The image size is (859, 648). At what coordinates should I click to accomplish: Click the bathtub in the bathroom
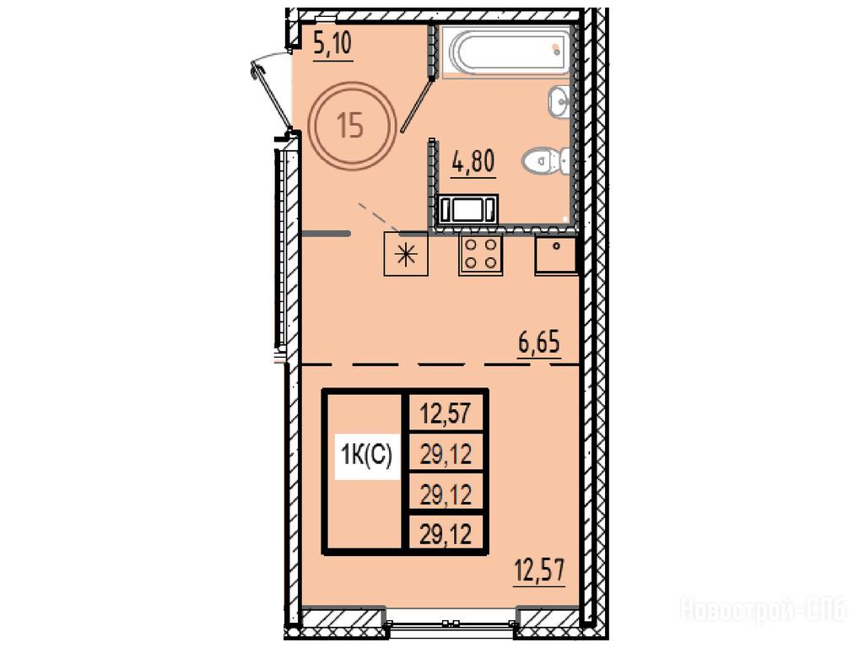point(507,51)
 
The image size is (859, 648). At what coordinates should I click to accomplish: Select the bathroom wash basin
point(559,101)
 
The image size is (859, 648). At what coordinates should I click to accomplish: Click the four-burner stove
point(480,253)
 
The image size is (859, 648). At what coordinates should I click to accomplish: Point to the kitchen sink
point(556,254)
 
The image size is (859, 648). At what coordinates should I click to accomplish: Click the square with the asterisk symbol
point(406,254)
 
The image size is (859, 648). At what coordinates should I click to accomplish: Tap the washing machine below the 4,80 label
point(467,208)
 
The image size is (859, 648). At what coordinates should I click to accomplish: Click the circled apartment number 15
point(351,126)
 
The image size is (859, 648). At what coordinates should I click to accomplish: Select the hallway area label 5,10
point(332,44)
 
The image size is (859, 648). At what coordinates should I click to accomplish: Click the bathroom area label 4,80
point(473,162)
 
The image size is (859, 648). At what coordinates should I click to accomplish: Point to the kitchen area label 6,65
point(539,343)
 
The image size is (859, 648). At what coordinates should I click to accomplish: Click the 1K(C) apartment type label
point(366,455)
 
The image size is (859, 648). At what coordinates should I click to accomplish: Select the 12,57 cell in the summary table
point(446,412)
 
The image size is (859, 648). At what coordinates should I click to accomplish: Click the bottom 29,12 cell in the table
point(446,532)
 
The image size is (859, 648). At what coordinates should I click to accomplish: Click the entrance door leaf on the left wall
point(272,97)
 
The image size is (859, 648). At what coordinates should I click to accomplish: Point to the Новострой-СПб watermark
point(764,609)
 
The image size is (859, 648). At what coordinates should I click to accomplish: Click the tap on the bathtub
point(557,51)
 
